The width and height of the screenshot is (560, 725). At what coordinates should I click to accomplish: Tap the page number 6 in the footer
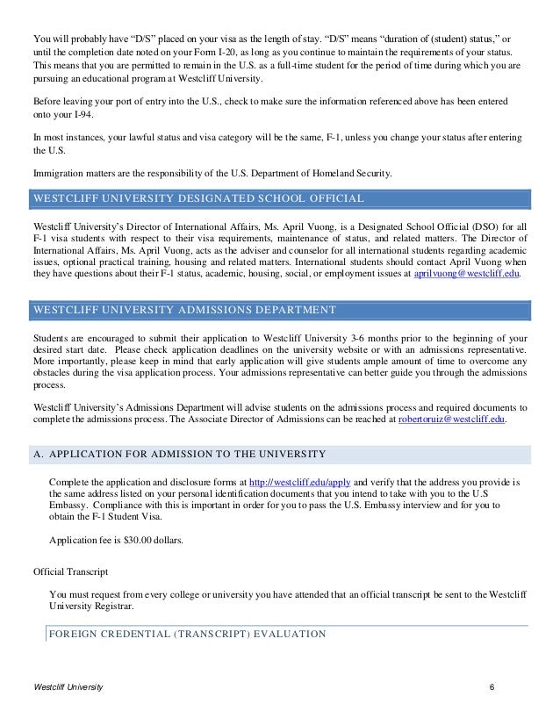point(493,685)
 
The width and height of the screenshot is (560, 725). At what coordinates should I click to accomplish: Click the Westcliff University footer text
point(68,685)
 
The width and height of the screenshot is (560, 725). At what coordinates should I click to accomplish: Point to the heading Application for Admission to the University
point(178,454)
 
